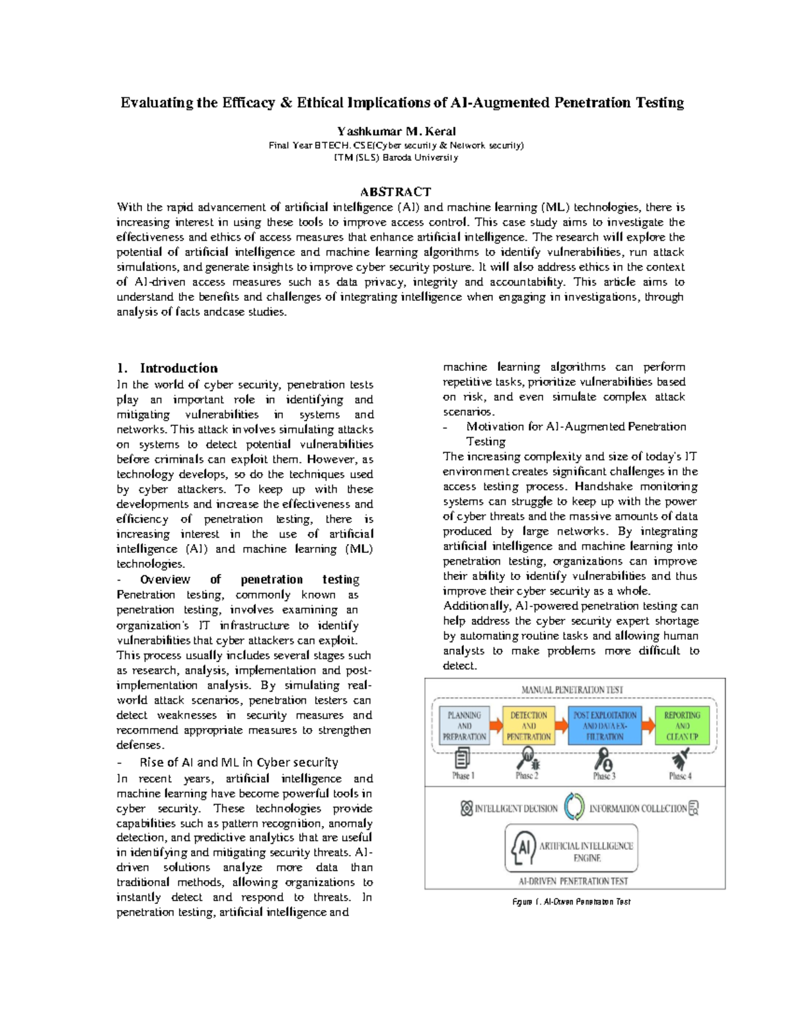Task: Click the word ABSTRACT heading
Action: [x=395, y=192]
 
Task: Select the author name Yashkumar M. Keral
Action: [x=396, y=131]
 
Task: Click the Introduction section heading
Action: [x=178, y=368]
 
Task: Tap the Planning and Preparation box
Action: [x=464, y=725]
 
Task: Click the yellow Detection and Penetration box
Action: [x=529, y=725]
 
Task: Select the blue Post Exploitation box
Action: [x=604, y=725]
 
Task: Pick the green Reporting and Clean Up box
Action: [x=681, y=725]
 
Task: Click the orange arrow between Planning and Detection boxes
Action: [x=496, y=725]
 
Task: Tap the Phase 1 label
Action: [x=463, y=776]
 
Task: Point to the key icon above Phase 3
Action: [x=604, y=758]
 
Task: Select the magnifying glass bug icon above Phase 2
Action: [x=529, y=757]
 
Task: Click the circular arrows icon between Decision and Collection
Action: [x=574, y=807]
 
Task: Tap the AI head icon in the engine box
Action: [x=523, y=848]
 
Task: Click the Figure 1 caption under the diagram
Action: [x=572, y=901]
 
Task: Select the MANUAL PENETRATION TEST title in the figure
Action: [x=572, y=690]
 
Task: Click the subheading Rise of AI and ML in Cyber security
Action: [x=239, y=762]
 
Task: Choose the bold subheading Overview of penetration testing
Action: [x=249, y=579]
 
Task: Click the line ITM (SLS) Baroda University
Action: [x=396, y=157]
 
